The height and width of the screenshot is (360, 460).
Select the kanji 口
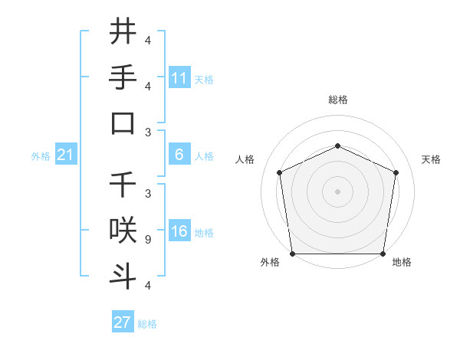(123, 123)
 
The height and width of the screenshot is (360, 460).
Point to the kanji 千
(123, 185)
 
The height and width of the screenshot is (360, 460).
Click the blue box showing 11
(179, 78)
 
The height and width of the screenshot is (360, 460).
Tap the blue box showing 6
(179, 155)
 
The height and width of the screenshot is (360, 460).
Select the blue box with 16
(179, 231)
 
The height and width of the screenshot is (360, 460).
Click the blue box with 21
(66, 155)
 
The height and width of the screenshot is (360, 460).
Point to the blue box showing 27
(123, 322)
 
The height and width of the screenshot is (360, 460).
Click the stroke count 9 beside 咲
(148, 239)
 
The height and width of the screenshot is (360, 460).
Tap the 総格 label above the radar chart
(338, 100)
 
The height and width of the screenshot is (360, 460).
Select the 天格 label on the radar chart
(431, 159)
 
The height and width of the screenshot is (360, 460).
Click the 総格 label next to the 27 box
(147, 324)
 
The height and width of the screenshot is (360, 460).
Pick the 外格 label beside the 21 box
(41, 156)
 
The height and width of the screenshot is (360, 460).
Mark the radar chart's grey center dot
(337, 191)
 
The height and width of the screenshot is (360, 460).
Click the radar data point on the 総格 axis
(337, 146)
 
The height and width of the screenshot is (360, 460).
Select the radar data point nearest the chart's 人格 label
(279, 172)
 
